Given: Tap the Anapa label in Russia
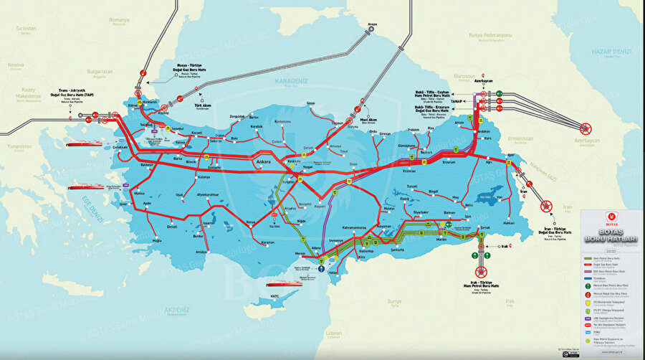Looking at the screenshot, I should coord(371,24).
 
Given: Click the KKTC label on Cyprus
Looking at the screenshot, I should coord(274,295).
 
